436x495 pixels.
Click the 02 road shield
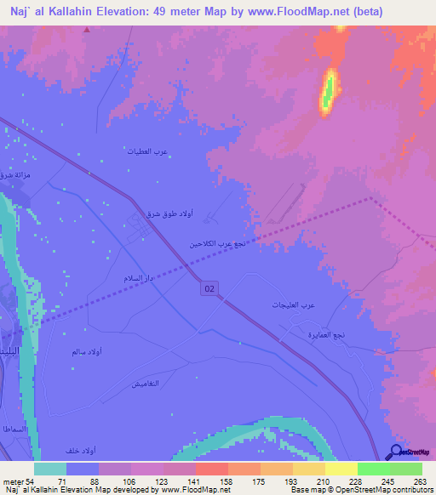209,290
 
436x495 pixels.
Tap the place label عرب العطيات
145,151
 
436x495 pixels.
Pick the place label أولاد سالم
89,350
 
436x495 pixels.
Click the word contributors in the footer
410,490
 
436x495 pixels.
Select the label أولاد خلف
82,449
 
